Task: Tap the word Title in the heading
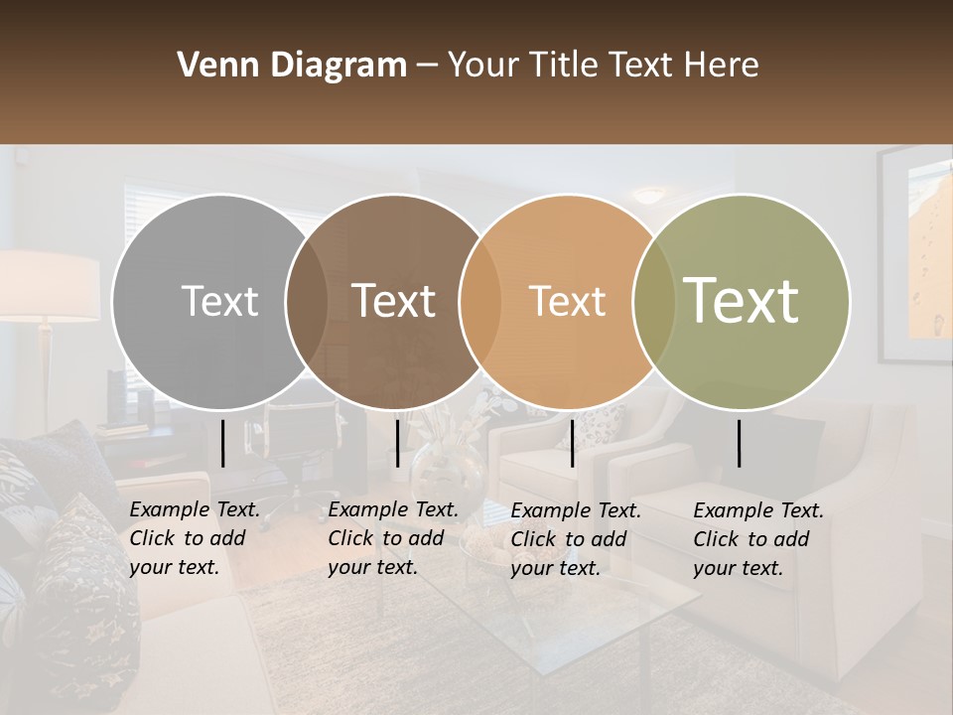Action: tap(564, 66)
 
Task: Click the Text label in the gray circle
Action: tap(219, 301)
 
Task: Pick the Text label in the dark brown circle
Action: tap(394, 301)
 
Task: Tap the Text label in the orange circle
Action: tap(567, 301)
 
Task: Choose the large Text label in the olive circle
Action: tap(742, 301)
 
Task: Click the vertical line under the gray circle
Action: tap(223, 443)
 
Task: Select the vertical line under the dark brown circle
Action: tap(397, 443)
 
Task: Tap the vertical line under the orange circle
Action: tap(572, 443)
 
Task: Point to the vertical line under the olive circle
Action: tap(740, 443)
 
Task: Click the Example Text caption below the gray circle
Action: tap(194, 538)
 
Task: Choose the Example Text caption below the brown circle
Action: tap(392, 538)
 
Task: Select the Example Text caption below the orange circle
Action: tap(575, 539)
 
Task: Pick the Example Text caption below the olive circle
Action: tap(757, 539)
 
